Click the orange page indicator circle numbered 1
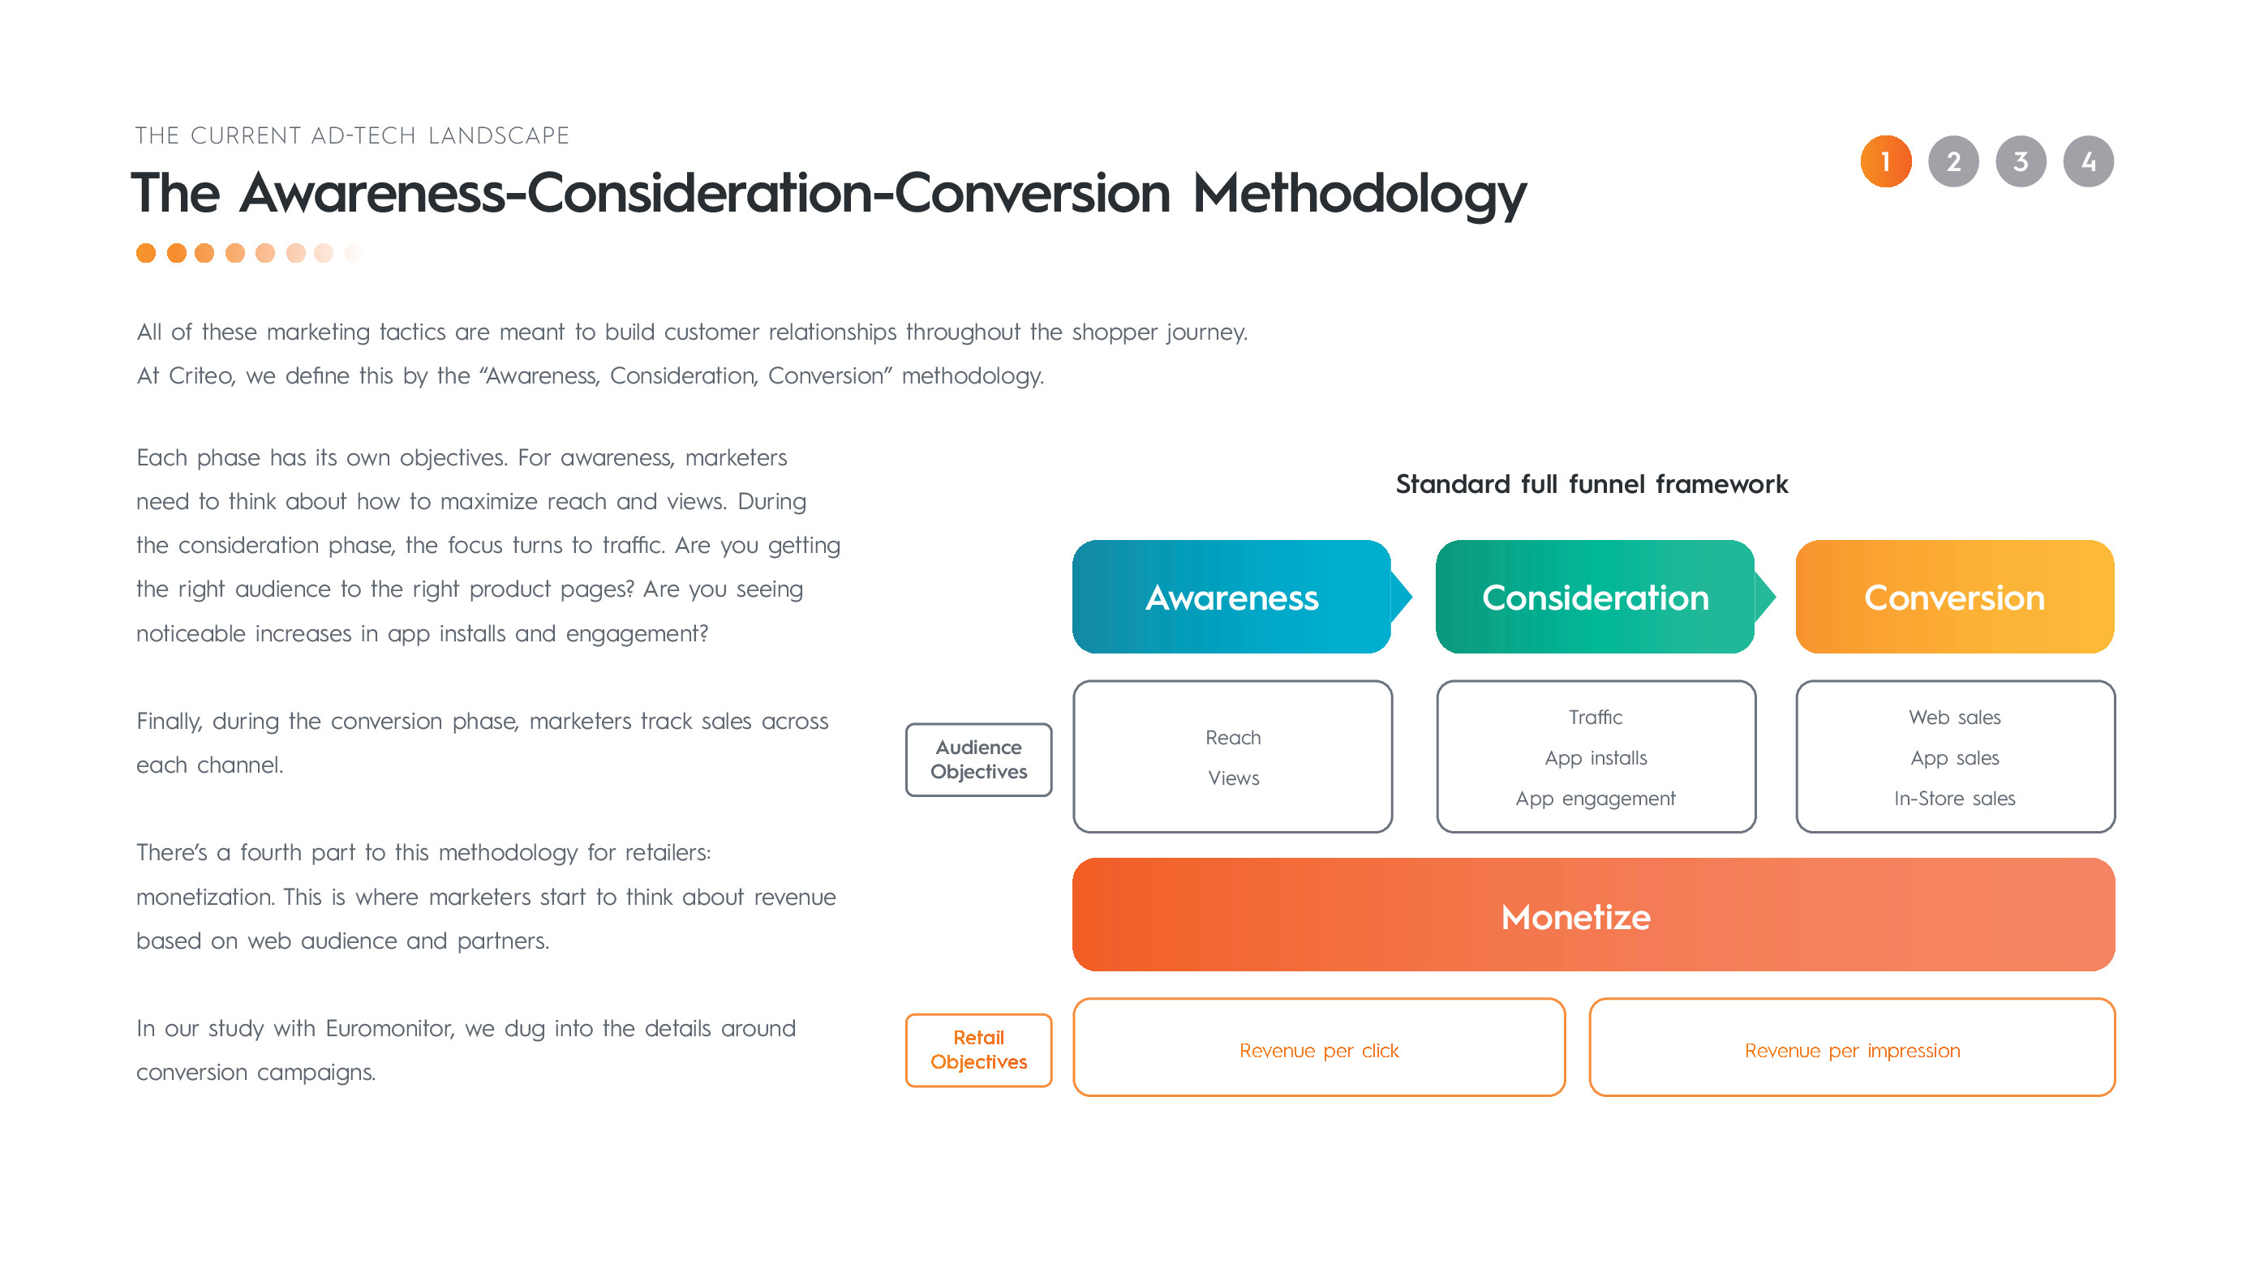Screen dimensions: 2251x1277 (1885, 161)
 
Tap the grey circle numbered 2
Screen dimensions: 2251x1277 (1952, 161)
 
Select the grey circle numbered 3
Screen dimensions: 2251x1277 (2021, 161)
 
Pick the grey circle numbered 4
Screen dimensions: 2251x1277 (2088, 161)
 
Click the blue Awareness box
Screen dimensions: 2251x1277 (1231, 597)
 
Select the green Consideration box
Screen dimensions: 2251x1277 (1595, 597)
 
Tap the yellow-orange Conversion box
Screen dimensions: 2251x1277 (1954, 597)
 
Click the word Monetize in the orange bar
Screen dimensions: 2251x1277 (1575, 916)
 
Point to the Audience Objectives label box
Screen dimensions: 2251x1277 (978, 760)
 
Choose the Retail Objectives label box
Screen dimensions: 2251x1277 (978, 1050)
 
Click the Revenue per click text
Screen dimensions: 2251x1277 (1318, 1050)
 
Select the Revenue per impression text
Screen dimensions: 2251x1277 (1852, 1050)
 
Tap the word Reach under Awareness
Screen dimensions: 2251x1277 (1232, 738)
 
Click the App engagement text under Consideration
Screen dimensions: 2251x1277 (1595, 798)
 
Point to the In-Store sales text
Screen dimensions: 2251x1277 (1954, 798)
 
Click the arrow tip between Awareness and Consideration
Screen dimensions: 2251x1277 (1411, 597)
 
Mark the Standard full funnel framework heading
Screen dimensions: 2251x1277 (1592, 483)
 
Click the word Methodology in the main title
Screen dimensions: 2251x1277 (1360, 193)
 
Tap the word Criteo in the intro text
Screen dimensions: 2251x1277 (202, 375)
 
